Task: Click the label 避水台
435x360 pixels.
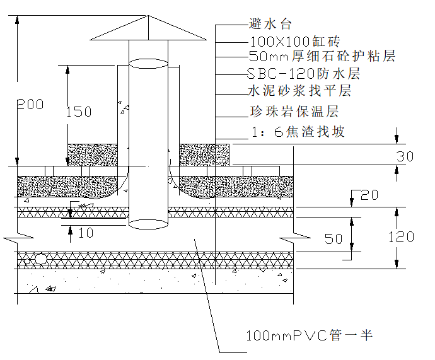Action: [x=270, y=25]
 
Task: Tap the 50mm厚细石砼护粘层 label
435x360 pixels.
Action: [x=322, y=57]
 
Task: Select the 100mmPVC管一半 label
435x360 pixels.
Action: [x=310, y=335]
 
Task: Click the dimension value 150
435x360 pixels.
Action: [x=79, y=112]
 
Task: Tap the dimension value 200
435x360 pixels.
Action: [x=30, y=104]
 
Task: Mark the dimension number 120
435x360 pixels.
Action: [x=402, y=237]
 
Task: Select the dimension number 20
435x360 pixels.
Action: [x=369, y=195]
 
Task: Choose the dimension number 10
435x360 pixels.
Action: [x=86, y=233]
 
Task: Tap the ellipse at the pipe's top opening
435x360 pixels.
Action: [x=149, y=62]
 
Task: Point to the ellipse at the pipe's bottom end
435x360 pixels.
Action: [x=149, y=223]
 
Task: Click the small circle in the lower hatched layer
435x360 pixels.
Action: [x=41, y=258]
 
